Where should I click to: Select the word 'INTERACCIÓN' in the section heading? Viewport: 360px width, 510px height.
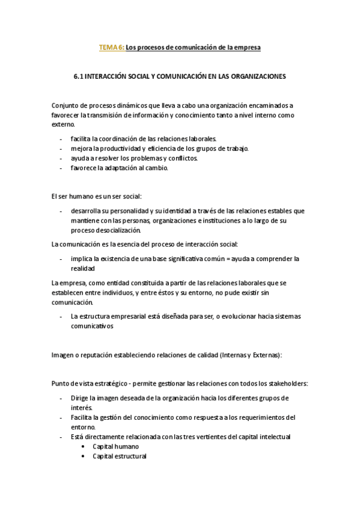108,77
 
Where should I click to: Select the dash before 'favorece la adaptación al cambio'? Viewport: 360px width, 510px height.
61,168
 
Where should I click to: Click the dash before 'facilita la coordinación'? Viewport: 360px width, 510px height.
61,138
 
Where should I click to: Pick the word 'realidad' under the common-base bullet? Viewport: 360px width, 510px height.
83,268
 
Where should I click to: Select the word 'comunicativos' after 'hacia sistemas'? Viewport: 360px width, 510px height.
92,326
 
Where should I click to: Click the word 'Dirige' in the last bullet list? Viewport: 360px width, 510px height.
79,398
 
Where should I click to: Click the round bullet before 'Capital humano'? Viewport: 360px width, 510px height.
83,446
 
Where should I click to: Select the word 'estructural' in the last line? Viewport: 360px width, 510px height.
130,456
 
